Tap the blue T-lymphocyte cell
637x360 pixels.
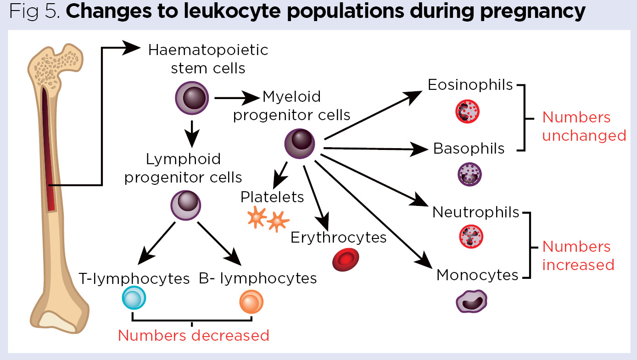pos(134,299)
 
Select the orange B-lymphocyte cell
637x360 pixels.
pos(251,302)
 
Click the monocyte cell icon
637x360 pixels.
pos(471,301)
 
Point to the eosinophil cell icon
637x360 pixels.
pos(467,111)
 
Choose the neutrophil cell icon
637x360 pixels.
pos(471,237)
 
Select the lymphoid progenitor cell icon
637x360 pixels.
pos(187,205)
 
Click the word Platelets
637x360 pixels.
pos(272,197)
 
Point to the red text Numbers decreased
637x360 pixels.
pos(193,336)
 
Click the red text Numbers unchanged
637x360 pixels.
pos(584,127)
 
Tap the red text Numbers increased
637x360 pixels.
pos(577,256)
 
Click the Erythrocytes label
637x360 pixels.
pos(338,238)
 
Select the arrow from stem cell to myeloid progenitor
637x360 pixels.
pos(236,98)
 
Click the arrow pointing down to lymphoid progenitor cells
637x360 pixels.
pos(192,133)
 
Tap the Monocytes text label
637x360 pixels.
pos(477,275)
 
